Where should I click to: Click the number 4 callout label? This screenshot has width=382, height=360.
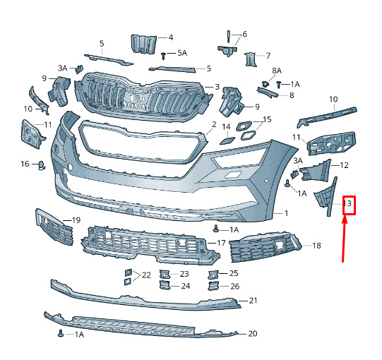[171, 37]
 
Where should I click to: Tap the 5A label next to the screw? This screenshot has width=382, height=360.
[182, 53]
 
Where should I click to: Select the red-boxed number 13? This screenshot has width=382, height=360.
[349, 205]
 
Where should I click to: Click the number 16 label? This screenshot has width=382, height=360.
[25, 164]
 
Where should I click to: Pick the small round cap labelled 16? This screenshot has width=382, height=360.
[42, 166]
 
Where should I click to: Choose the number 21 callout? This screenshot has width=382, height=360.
[253, 301]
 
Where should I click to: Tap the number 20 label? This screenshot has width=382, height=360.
[252, 333]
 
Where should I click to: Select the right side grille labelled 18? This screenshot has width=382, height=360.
[265, 247]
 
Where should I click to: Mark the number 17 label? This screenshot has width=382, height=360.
[221, 243]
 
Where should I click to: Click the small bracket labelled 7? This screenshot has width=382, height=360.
[251, 59]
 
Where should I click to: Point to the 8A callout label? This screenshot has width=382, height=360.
[277, 71]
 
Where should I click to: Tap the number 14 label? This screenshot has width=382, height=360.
[227, 126]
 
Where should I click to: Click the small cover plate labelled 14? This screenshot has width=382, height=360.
[227, 140]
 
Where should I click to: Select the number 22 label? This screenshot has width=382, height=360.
[146, 275]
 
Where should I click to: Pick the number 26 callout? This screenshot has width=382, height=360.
[234, 286]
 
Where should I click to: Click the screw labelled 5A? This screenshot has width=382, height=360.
[163, 56]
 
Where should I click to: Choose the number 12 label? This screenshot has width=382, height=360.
[344, 165]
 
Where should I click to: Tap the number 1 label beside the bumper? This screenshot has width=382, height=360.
[287, 213]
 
